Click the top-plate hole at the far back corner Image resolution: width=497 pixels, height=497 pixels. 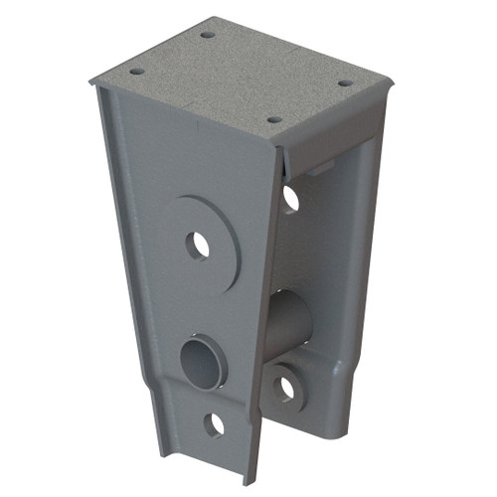208,35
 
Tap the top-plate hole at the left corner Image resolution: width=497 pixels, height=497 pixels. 136,72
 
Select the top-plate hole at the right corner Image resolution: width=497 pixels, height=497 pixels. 344,83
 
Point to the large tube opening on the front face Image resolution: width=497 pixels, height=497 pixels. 202,360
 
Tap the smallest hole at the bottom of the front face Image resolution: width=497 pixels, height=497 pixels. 214,424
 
